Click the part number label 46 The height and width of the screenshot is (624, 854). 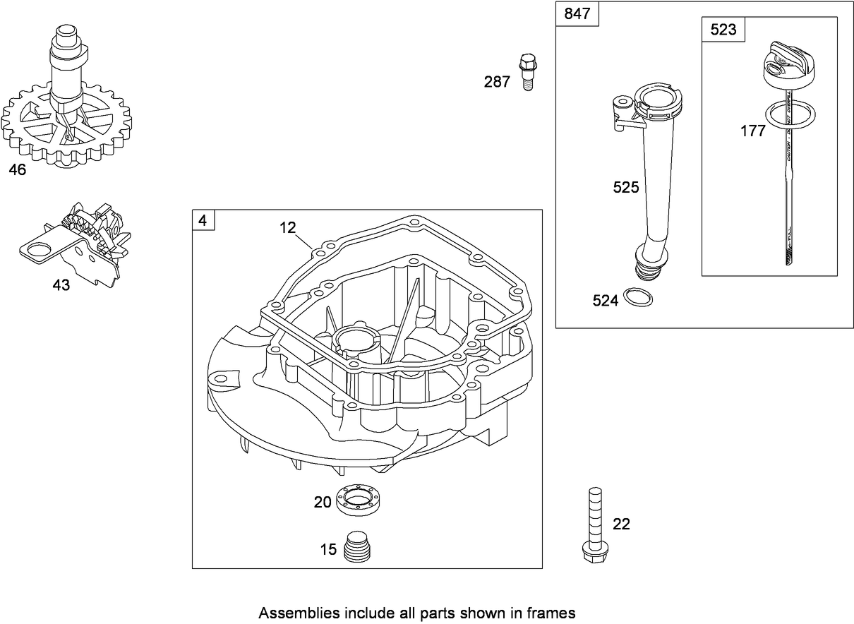click(x=18, y=171)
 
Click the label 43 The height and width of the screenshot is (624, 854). click(x=61, y=286)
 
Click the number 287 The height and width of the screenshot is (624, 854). click(x=496, y=83)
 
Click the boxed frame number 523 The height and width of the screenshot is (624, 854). click(x=723, y=30)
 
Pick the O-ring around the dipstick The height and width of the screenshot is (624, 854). click(x=787, y=116)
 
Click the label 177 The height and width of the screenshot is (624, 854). click(x=753, y=131)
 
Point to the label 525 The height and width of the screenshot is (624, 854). click(x=625, y=187)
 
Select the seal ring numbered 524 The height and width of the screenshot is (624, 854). click(x=639, y=297)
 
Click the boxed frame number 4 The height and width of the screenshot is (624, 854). click(x=203, y=221)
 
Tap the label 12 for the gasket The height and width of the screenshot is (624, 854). click(x=287, y=227)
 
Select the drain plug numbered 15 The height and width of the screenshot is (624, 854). click(x=359, y=546)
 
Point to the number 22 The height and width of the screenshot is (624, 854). click(x=621, y=524)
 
